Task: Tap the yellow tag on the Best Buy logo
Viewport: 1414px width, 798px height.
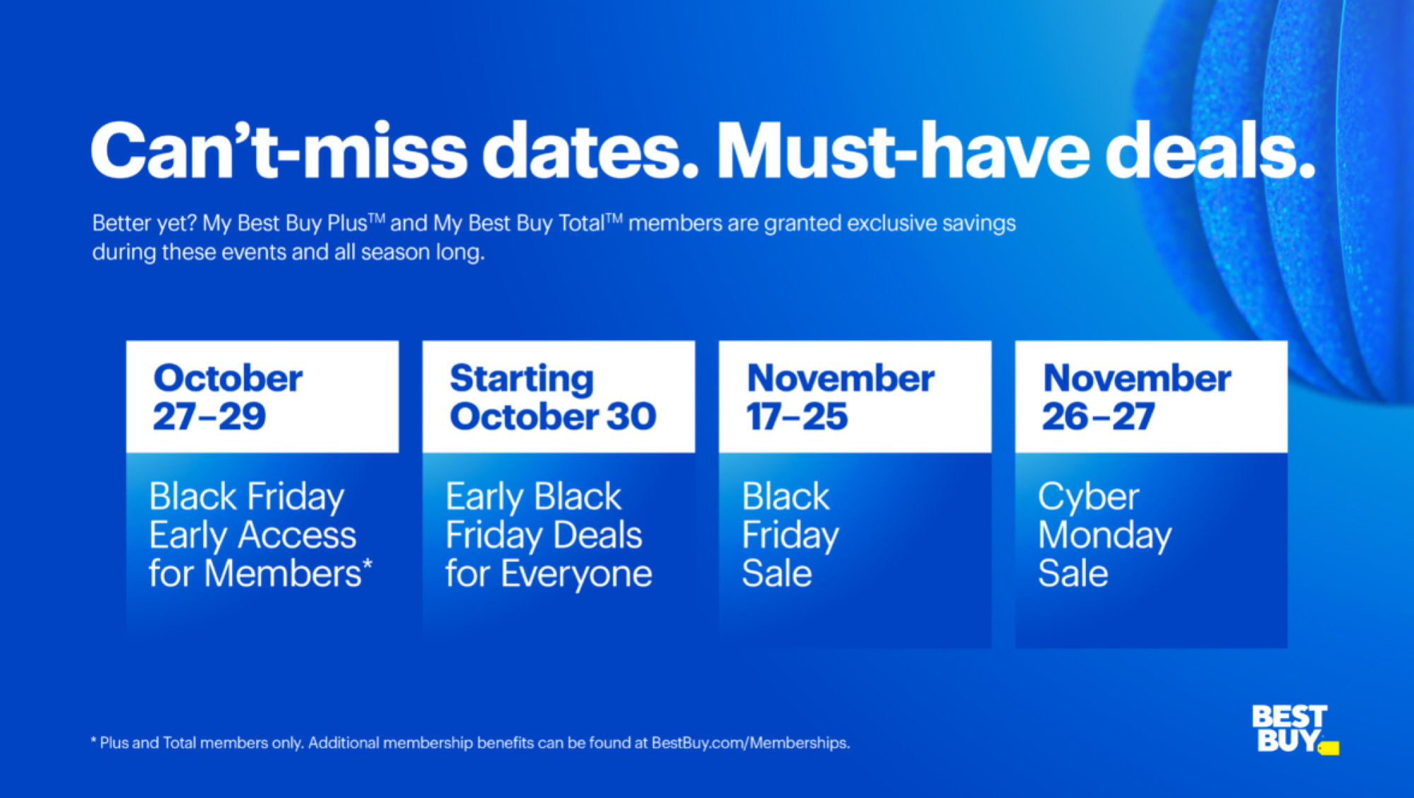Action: click(x=1329, y=748)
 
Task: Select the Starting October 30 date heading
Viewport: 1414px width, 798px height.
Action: click(x=553, y=397)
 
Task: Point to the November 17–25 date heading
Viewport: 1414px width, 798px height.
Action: click(x=840, y=397)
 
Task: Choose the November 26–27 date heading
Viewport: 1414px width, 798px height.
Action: click(x=1136, y=397)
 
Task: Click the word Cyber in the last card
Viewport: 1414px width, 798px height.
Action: click(x=1088, y=496)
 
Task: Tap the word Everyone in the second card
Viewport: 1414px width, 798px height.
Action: click(x=576, y=573)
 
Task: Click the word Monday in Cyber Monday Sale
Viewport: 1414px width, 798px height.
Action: click(x=1104, y=535)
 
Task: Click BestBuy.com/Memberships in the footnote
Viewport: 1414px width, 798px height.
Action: click(x=750, y=743)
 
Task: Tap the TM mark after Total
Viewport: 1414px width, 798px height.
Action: click(x=614, y=218)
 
